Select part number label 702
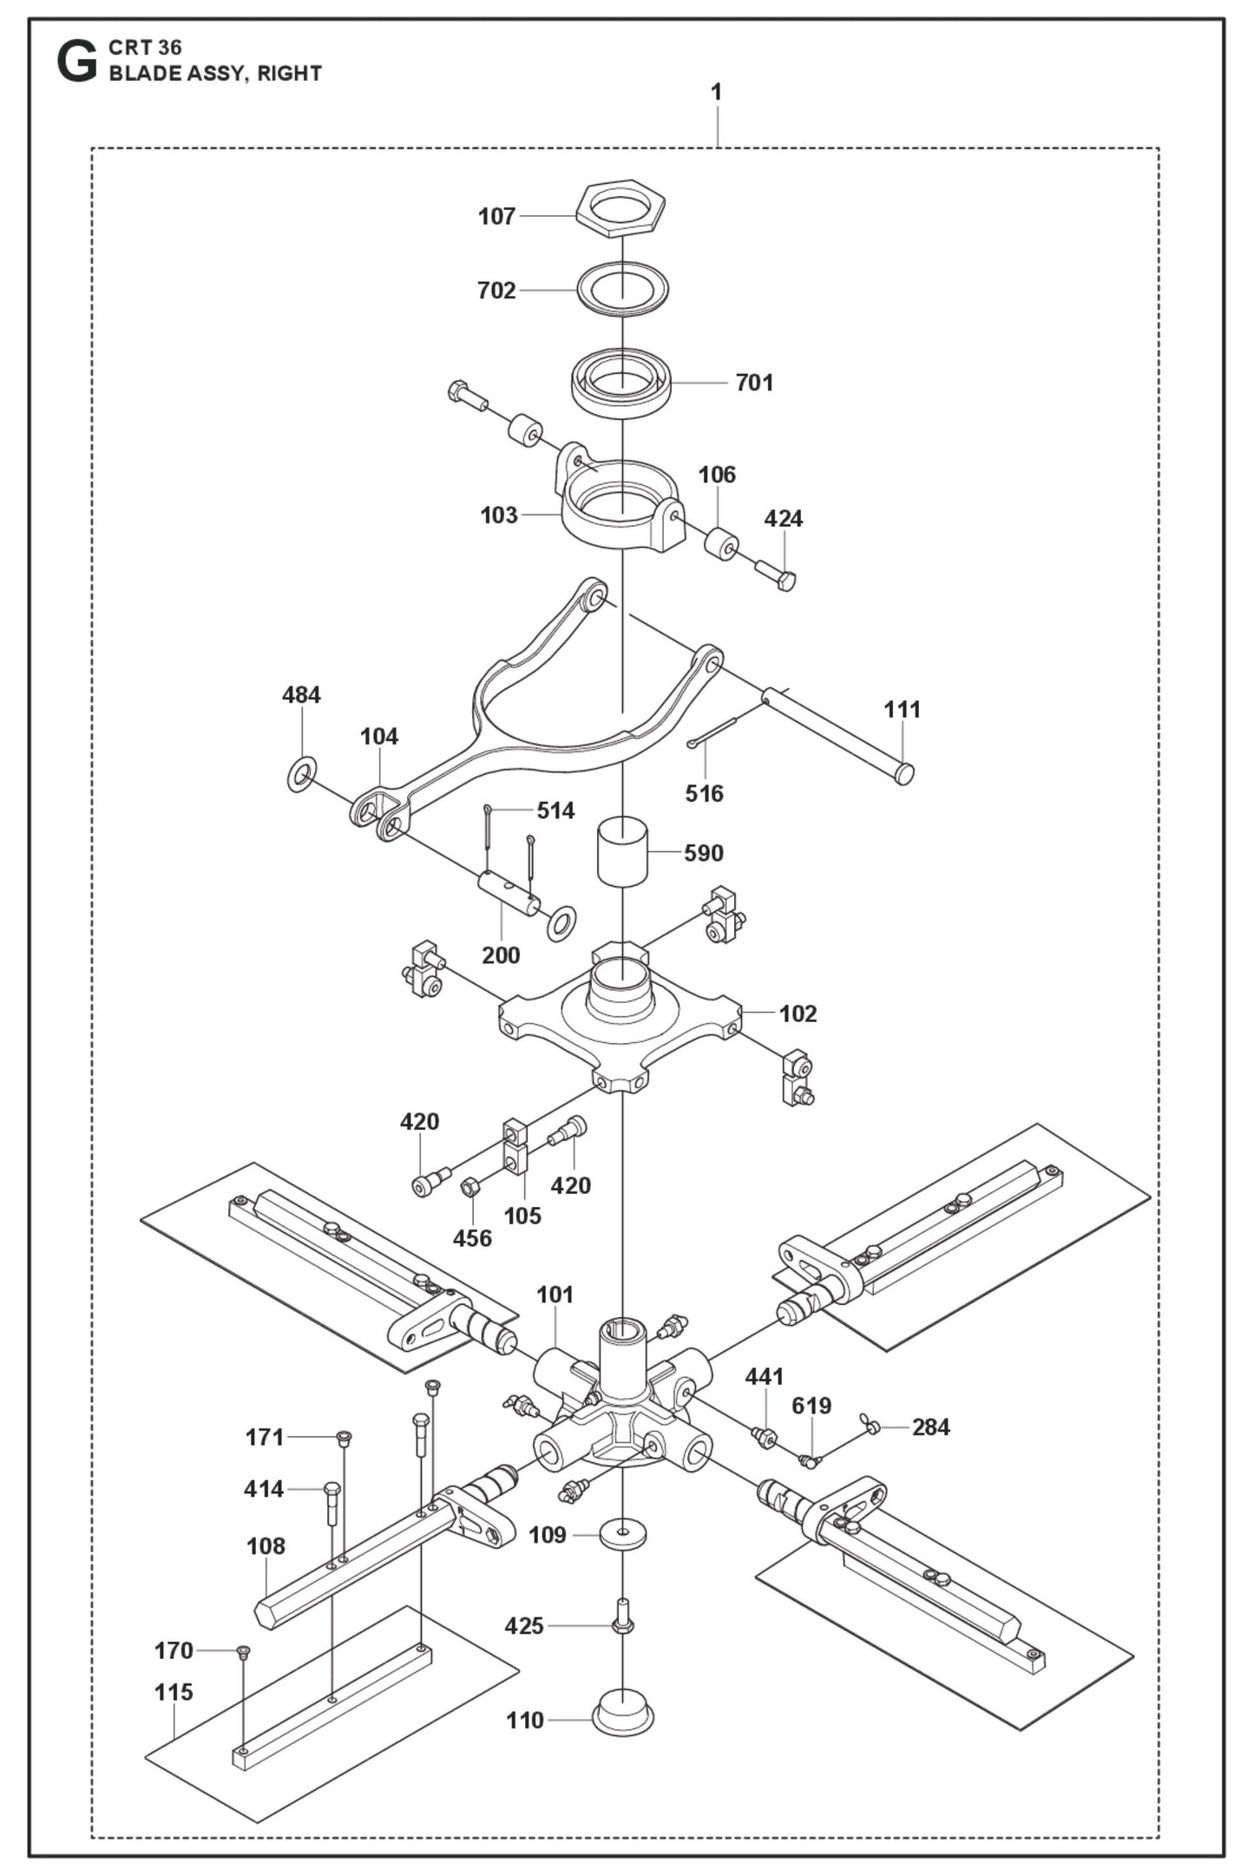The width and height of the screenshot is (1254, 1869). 496,290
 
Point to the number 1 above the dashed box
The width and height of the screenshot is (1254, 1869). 716,92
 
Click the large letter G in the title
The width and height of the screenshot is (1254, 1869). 76,62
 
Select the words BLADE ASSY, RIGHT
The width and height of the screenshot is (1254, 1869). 215,74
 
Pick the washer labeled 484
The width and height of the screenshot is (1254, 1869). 301,773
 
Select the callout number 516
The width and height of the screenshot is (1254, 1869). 704,793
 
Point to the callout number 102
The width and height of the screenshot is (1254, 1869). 798,1013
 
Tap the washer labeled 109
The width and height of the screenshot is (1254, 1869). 622,1533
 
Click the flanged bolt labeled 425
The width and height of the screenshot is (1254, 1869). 622,1617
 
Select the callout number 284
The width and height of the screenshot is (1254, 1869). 930,1426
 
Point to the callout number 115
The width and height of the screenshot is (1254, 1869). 174,1692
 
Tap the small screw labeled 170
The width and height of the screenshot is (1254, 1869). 243,1651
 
